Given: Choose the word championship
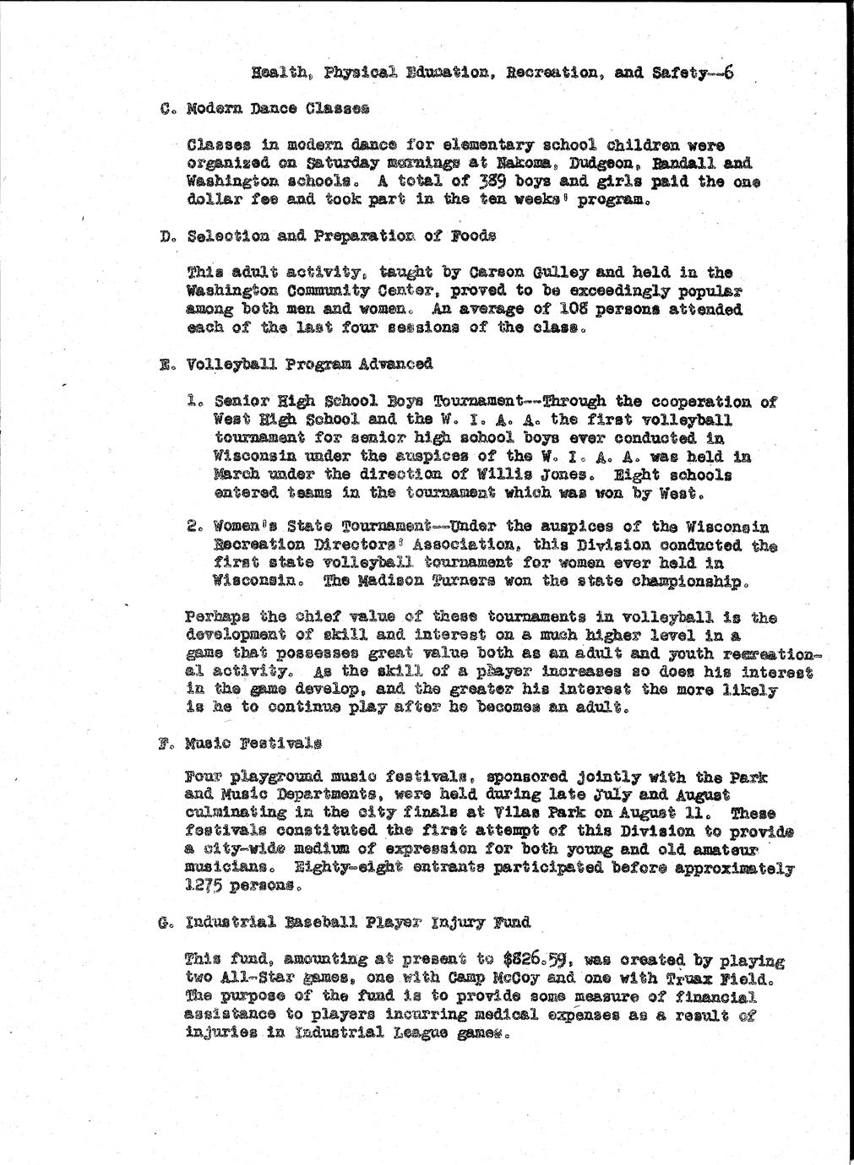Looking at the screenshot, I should coord(691,582).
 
